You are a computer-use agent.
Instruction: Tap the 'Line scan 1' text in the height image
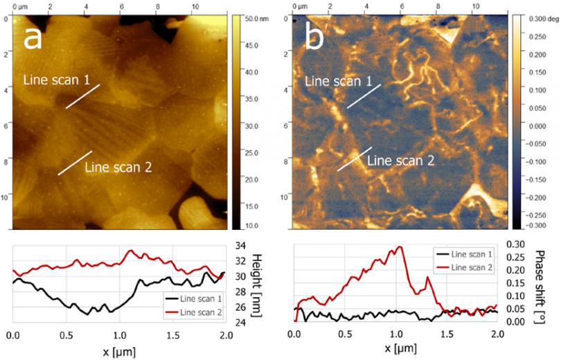pyautogui.click(x=57, y=80)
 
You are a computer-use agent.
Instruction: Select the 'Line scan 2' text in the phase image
pyautogui.click(x=400, y=161)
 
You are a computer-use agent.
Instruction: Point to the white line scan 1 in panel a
pyautogui.click(x=84, y=96)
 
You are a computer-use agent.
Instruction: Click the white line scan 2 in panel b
pyautogui.click(x=355, y=159)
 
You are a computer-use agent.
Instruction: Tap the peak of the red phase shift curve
pyautogui.click(x=399, y=247)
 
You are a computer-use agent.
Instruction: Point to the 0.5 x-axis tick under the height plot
pyautogui.click(x=66, y=335)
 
